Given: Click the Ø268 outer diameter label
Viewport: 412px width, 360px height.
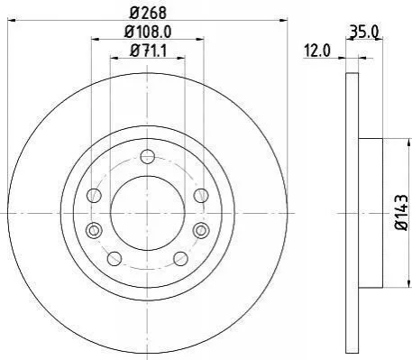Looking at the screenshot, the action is coord(148,13).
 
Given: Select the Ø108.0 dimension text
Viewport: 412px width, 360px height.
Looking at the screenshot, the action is coord(148,32).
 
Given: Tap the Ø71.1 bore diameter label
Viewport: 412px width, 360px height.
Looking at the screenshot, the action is coord(148,51).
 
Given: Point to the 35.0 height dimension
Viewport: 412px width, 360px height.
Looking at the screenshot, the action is coord(363,32).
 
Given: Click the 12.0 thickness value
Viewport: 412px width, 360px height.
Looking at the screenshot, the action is coord(317,51).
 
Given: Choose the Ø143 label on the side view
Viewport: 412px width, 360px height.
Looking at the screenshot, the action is coord(402,213).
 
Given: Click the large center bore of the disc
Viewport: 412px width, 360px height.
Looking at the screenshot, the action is coord(148,213).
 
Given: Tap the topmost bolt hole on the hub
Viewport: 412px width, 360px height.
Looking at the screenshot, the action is coord(148,157).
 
